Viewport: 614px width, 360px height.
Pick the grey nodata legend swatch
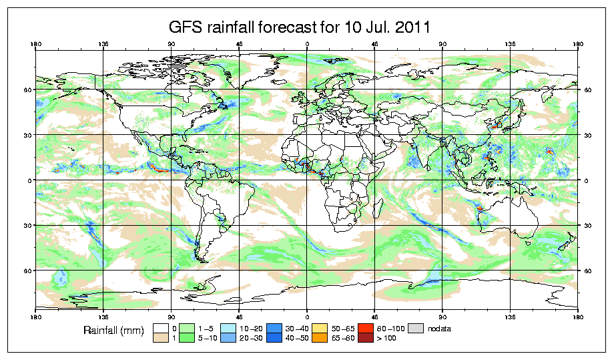(416, 329)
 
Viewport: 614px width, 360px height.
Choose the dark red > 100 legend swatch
(365, 339)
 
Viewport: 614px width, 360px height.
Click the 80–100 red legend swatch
(365, 329)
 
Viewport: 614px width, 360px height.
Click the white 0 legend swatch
(160, 329)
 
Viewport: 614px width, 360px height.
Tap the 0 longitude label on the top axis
(307, 45)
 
